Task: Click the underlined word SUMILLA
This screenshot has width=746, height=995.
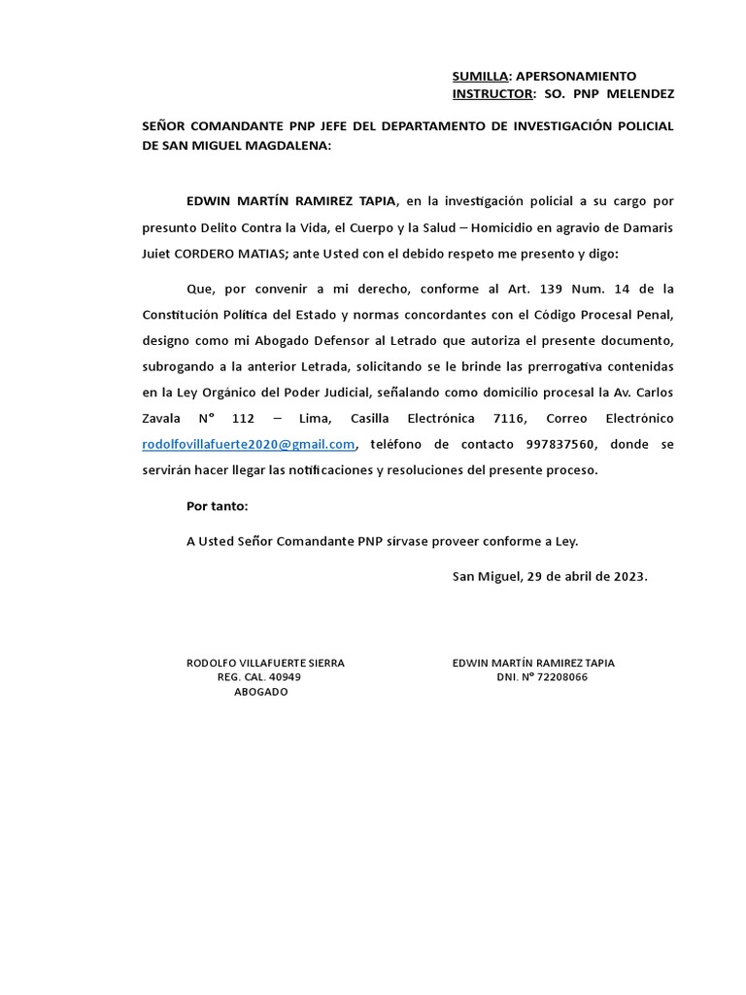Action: click(x=481, y=76)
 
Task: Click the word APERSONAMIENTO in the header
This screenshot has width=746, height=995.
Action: click(x=576, y=76)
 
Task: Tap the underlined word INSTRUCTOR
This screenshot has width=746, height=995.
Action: click(x=492, y=94)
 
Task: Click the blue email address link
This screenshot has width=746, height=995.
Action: click(x=249, y=444)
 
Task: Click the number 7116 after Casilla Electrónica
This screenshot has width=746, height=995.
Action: click(x=510, y=419)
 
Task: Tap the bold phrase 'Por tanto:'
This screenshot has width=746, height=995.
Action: click(x=217, y=506)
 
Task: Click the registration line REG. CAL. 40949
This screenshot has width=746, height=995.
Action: click(x=259, y=677)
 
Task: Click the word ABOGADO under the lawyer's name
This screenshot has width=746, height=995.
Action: click(x=261, y=692)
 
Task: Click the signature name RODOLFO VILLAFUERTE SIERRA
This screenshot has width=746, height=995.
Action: click(x=265, y=663)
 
